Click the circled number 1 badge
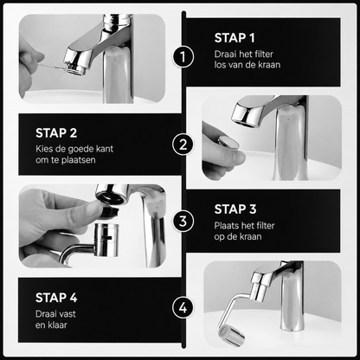tap(183, 57)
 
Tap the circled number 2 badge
tap(183, 145)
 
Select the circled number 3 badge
tap(183, 222)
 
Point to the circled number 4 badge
tap(183, 308)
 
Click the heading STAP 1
tap(235, 38)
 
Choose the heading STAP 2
tap(56, 133)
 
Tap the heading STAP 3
tap(235, 209)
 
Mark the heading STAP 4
tap(56, 298)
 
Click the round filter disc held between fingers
tap(228, 143)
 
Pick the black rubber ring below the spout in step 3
tap(110, 211)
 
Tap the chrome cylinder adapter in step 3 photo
tap(106, 240)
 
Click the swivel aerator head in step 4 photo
tap(231, 336)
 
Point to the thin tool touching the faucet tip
tap(52, 67)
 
